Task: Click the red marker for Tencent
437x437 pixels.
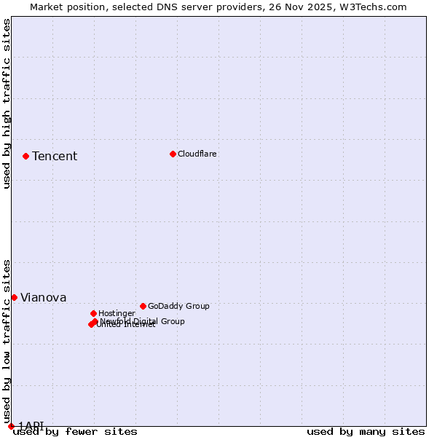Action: tap(25, 156)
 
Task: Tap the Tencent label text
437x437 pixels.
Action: tap(55, 157)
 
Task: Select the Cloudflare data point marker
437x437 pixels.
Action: tap(173, 154)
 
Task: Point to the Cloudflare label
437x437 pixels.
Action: tap(197, 154)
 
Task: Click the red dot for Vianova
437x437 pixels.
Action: tap(14, 297)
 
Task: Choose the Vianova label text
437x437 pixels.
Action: tap(44, 298)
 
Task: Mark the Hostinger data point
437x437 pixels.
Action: tap(93, 313)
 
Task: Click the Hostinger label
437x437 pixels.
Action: tap(117, 314)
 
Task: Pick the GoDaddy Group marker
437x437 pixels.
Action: tap(143, 306)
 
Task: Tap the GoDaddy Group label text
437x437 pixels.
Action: tap(178, 307)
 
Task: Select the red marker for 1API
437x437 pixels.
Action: tap(11, 426)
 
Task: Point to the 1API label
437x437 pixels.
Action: tap(31, 425)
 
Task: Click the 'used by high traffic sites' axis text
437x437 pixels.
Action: tap(7, 103)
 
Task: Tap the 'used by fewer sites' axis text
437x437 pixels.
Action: tap(75, 432)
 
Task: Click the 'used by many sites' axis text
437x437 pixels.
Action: tap(366, 432)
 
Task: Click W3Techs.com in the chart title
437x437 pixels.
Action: tap(371, 7)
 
